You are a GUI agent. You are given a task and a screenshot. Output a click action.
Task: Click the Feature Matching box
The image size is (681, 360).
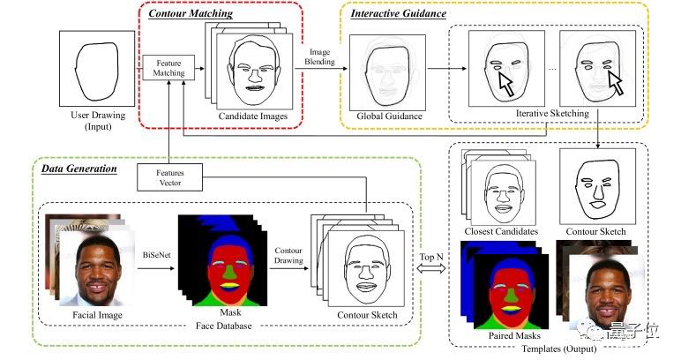[168, 68]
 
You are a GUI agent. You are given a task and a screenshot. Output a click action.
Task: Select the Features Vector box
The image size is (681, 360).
[170, 177]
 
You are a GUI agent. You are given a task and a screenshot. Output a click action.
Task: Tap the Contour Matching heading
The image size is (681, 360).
[191, 13]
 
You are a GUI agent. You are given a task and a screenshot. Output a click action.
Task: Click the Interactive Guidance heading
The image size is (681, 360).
[398, 13]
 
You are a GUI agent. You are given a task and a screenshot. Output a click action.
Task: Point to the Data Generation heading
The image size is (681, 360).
[79, 169]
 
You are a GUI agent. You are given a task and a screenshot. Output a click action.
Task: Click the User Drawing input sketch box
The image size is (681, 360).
[97, 69]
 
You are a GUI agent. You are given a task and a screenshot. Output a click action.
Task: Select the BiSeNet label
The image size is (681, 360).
[157, 255]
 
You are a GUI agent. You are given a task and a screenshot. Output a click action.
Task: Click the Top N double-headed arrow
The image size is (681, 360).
[431, 268]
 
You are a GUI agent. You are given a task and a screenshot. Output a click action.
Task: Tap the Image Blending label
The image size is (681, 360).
[319, 56]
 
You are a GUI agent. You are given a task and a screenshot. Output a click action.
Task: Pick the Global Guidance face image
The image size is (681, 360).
[387, 72]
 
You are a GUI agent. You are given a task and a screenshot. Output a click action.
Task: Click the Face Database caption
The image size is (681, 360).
[224, 326]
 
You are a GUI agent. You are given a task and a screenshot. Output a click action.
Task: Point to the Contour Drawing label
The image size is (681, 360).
[288, 255]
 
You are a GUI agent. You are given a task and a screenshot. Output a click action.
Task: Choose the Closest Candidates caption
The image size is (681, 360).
[501, 231]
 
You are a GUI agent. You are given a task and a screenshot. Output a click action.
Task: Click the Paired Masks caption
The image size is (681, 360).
[514, 335]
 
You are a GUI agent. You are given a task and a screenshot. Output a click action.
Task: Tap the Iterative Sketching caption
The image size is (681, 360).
[552, 113]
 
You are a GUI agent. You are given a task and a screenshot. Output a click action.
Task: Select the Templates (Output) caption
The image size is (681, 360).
[559, 349]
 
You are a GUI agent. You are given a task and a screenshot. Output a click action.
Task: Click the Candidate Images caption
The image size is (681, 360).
[253, 116]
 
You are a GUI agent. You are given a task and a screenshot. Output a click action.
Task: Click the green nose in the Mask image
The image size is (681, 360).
[230, 273]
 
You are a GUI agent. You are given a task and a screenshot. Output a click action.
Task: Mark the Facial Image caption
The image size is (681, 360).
[97, 315]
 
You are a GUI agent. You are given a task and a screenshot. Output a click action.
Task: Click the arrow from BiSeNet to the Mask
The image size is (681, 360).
[156, 268]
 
